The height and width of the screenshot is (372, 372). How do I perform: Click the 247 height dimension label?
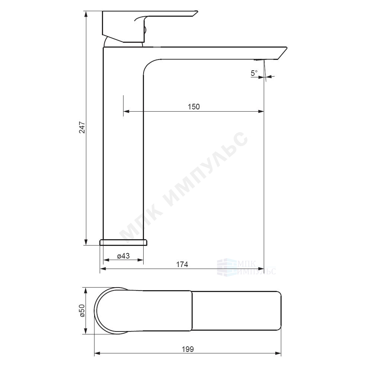click(x=82, y=127)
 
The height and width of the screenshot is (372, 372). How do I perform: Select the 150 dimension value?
click(x=194, y=107)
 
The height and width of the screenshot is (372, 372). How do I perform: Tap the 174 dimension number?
click(x=182, y=264)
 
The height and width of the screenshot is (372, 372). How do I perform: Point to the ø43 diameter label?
click(x=124, y=256)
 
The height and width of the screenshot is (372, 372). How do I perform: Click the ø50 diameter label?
click(x=82, y=311)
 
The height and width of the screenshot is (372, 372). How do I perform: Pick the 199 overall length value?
click(x=187, y=349)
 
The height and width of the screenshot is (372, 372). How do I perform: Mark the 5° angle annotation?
click(x=254, y=73)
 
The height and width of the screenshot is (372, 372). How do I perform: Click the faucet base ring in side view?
click(x=124, y=242)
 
